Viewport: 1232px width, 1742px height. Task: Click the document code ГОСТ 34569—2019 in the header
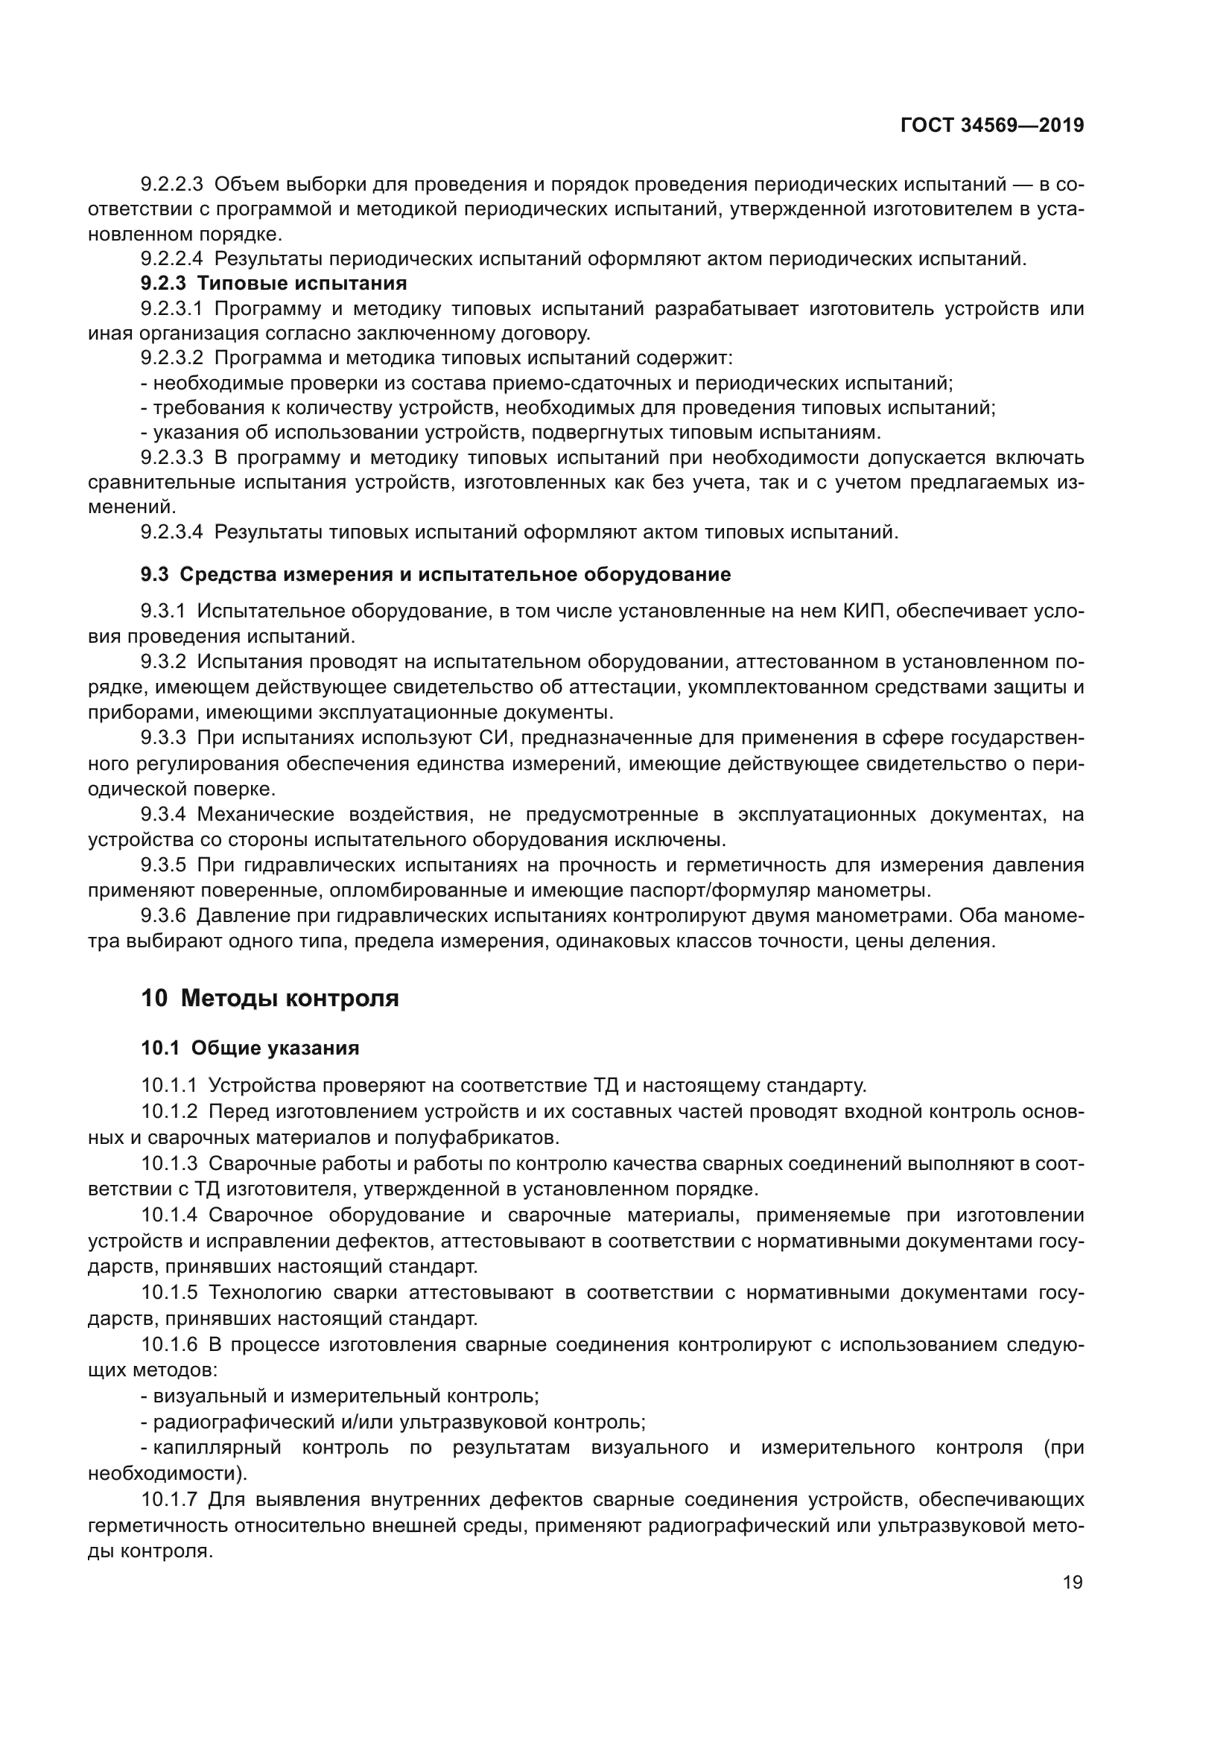coord(991,125)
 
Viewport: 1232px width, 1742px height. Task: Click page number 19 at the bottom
coord(1073,1583)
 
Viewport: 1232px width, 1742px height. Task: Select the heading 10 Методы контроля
coord(270,998)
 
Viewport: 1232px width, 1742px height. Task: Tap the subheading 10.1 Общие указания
coord(250,1048)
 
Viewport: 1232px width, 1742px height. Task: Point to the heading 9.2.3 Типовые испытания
coord(274,284)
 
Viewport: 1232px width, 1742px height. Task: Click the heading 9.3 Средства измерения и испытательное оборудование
coord(436,574)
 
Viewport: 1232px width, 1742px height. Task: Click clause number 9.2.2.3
coord(171,185)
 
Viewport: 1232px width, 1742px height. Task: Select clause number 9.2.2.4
coord(171,258)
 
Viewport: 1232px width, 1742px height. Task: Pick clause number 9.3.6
coord(163,916)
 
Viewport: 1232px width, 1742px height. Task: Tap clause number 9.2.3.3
coord(171,457)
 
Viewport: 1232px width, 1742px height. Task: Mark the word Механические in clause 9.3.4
coord(267,815)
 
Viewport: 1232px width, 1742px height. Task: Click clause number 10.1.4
coord(169,1215)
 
